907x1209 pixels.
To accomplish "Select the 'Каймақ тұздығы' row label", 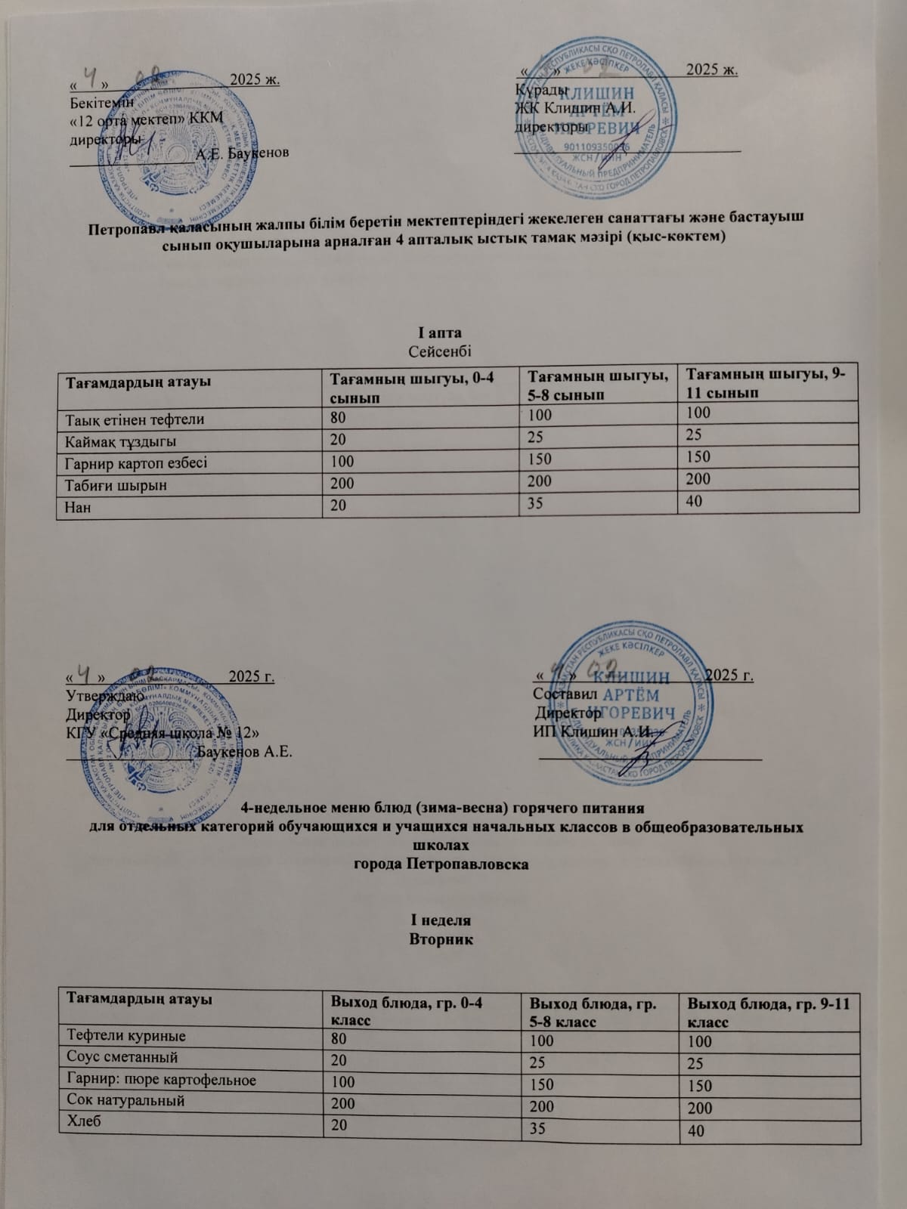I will (x=122, y=441).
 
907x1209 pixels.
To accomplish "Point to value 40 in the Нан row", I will (x=696, y=499).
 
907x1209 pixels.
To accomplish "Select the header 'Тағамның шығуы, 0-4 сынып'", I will (x=409, y=386).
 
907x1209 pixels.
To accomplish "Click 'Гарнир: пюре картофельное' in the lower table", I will (x=162, y=1079).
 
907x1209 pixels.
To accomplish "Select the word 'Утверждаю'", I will (x=101, y=694).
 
